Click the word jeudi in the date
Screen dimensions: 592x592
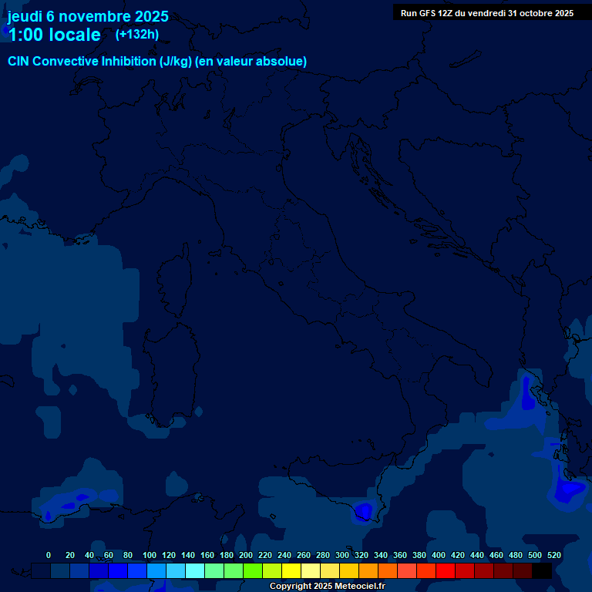[25, 17]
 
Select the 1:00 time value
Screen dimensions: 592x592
[25, 35]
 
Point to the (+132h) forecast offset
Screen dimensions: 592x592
[136, 35]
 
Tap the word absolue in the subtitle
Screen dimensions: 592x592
[282, 62]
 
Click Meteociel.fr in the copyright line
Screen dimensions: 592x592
[355, 587]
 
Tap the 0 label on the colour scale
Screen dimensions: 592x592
[49, 555]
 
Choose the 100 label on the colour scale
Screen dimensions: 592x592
[150, 555]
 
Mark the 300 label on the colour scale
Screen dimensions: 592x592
[342, 555]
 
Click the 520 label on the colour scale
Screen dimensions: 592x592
[553, 555]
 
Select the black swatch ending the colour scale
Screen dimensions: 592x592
[542, 570]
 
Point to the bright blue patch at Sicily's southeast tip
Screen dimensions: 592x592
[362, 510]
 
